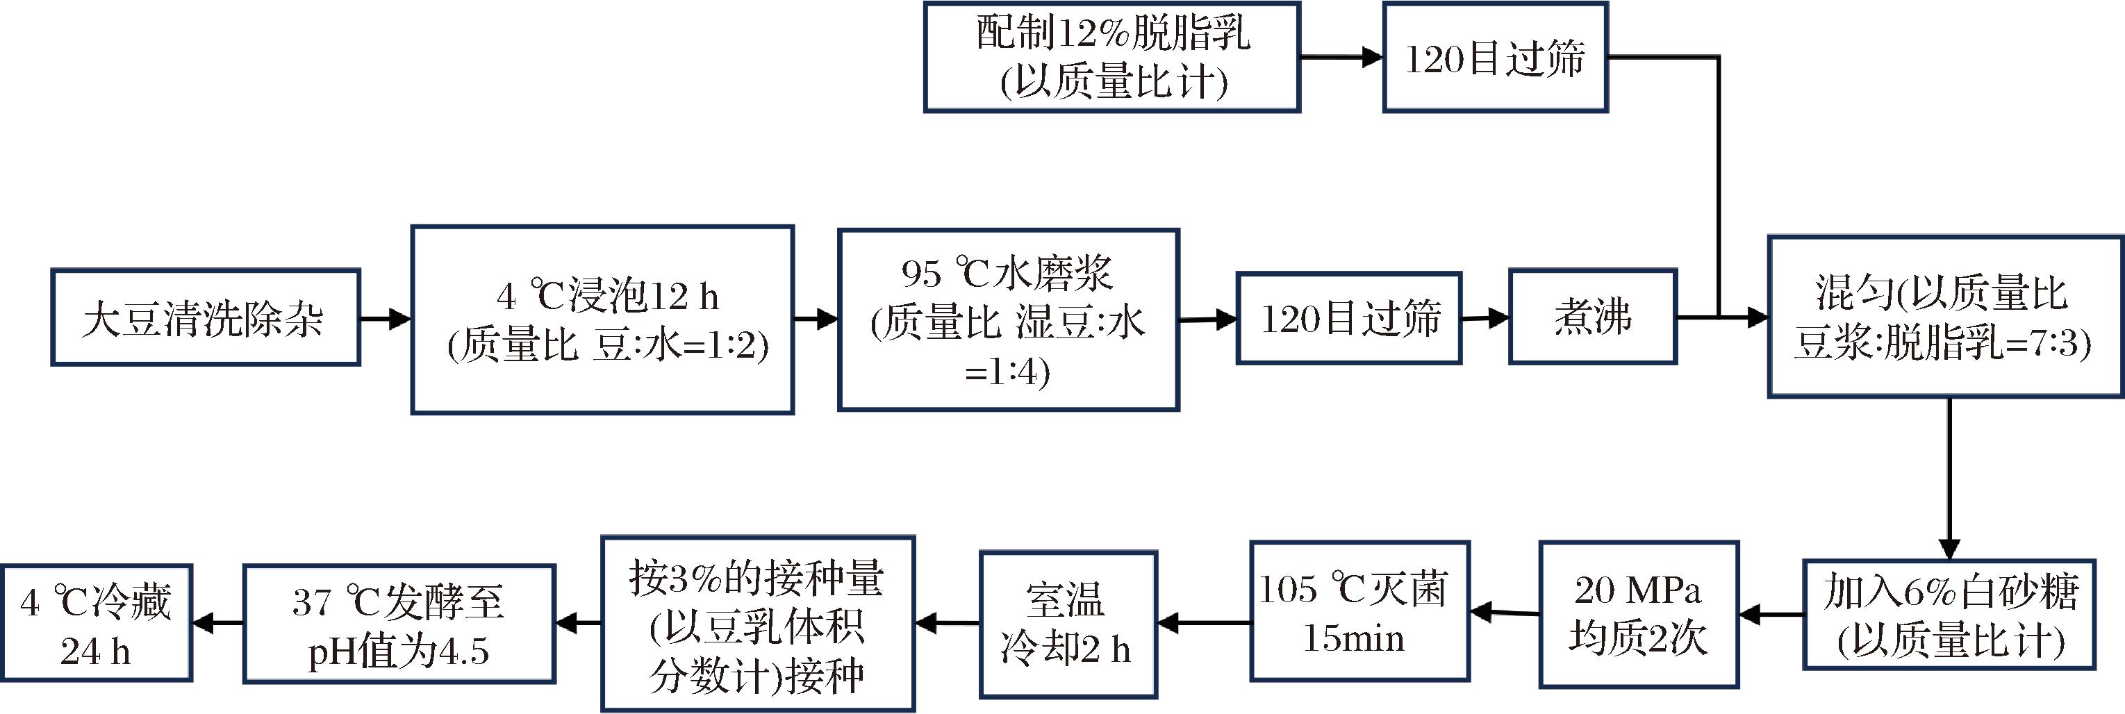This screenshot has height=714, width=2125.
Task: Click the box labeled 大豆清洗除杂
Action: (206, 317)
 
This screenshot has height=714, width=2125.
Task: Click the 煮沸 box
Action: (1592, 317)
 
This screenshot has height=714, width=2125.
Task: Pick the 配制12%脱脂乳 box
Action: (1111, 57)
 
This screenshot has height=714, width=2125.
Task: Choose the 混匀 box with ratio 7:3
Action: (1944, 317)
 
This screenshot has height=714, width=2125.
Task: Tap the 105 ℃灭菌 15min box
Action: (1359, 612)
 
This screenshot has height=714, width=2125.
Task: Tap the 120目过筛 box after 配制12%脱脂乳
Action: (1495, 58)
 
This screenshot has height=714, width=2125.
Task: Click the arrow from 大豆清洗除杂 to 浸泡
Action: (386, 318)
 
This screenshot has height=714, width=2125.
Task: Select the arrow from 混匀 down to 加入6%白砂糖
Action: (1949, 478)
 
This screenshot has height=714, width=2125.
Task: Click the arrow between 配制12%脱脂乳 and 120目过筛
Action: (1341, 57)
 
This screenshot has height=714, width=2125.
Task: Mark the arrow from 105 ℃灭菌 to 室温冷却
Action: (1204, 622)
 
